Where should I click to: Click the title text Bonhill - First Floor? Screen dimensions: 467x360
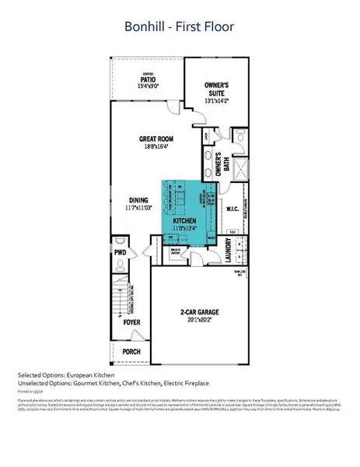tap(180, 27)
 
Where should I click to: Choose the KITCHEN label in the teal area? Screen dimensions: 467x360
tap(183, 220)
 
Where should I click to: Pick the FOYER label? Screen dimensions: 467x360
tap(132, 321)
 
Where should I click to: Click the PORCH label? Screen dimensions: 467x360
tap(132, 351)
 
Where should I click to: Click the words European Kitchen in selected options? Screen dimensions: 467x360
tap(87, 376)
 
